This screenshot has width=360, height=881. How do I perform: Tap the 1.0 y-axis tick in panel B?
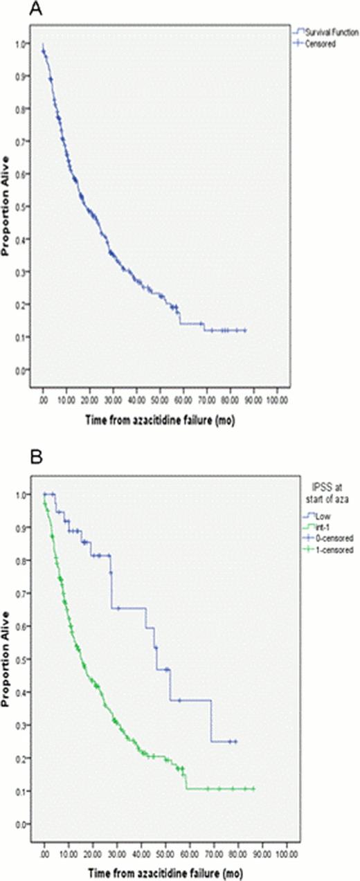click(x=26, y=495)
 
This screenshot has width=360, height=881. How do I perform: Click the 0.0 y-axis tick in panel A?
click(x=26, y=370)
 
